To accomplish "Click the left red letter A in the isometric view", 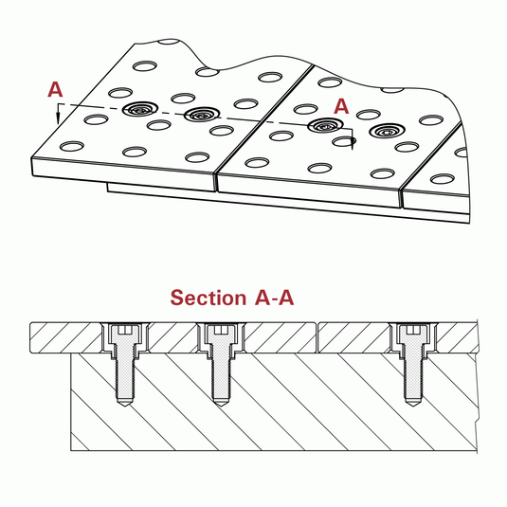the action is [55, 90].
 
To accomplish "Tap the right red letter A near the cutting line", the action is [341, 106].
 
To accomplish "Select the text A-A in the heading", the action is [274, 298].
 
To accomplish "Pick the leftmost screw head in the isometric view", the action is [139, 109].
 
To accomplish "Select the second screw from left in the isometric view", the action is [202, 115].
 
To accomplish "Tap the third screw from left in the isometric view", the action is [325, 125].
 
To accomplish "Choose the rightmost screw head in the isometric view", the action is [387, 131].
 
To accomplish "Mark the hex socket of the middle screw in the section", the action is [220, 330].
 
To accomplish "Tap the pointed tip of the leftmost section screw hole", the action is [124, 407].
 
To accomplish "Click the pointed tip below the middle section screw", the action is [220, 407].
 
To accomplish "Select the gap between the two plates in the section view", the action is [317, 337].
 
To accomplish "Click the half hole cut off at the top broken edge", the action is [170, 42].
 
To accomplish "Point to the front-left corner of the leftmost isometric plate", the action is [32, 158].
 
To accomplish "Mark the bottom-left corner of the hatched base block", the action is [71, 450].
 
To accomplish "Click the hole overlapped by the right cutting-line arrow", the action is [344, 141].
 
